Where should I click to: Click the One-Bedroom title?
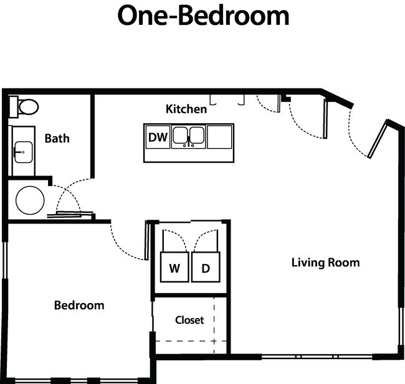(203, 16)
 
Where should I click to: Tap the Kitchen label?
(186, 109)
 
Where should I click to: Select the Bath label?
(57, 138)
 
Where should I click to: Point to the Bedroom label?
(79, 305)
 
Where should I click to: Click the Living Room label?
(325, 262)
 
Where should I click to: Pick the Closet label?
(189, 320)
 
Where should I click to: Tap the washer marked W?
(174, 268)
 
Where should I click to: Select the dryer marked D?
(205, 268)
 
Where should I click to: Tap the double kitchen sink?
(188, 136)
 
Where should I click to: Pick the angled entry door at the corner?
(376, 141)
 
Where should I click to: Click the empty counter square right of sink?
(219, 136)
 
